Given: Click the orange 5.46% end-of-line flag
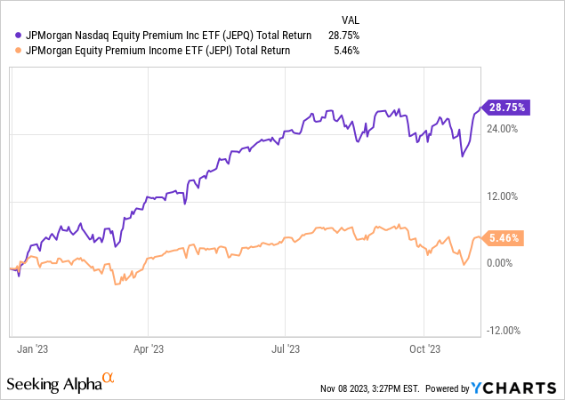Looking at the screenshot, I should pyautogui.click(x=504, y=238).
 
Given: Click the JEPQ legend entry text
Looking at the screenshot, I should pyautogui.click(x=169, y=36).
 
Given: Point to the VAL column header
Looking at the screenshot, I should pyautogui.click(x=351, y=19).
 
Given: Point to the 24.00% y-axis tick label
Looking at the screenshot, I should pyautogui.click(x=503, y=129).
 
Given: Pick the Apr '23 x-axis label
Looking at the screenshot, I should pyautogui.click(x=151, y=349).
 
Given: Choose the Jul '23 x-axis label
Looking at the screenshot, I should pyautogui.click(x=287, y=349).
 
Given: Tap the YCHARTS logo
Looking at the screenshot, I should pyautogui.click(x=515, y=388).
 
